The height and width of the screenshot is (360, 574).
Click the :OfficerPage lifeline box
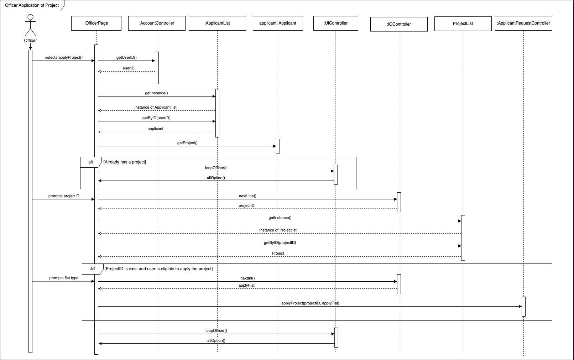(x=96, y=23)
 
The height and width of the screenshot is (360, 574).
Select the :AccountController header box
(x=157, y=23)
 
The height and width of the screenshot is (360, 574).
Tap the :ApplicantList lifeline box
(x=217, y=23)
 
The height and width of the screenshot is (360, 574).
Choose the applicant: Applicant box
(x=278, y=23)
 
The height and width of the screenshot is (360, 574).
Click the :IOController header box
(x=399, y=24)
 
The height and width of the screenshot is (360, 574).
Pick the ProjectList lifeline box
(x=463, y=24)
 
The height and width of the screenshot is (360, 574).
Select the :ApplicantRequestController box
(x=523, y=23)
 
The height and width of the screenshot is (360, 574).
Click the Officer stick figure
(x=30, y=25)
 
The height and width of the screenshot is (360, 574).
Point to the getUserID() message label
(x=126, y=57)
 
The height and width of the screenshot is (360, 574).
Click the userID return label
(x=129, y=68)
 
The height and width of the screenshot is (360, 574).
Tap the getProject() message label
(x=187, y=143)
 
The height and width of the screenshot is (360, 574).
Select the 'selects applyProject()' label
(x=64, y=57)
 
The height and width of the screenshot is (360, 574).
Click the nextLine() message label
(x=247, y=196)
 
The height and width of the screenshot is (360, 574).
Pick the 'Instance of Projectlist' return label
(x=278, y=230)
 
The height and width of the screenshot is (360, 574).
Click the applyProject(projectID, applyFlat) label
(x=310, y=303)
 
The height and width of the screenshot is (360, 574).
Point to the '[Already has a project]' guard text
(x=125, y=162)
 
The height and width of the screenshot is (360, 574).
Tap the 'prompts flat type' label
(x=64, y=278)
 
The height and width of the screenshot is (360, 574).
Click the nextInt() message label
(x=247, y=278)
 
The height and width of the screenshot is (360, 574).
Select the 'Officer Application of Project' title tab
(x=32, y=5)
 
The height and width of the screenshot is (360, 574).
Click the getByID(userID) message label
(x=156, y=118)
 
